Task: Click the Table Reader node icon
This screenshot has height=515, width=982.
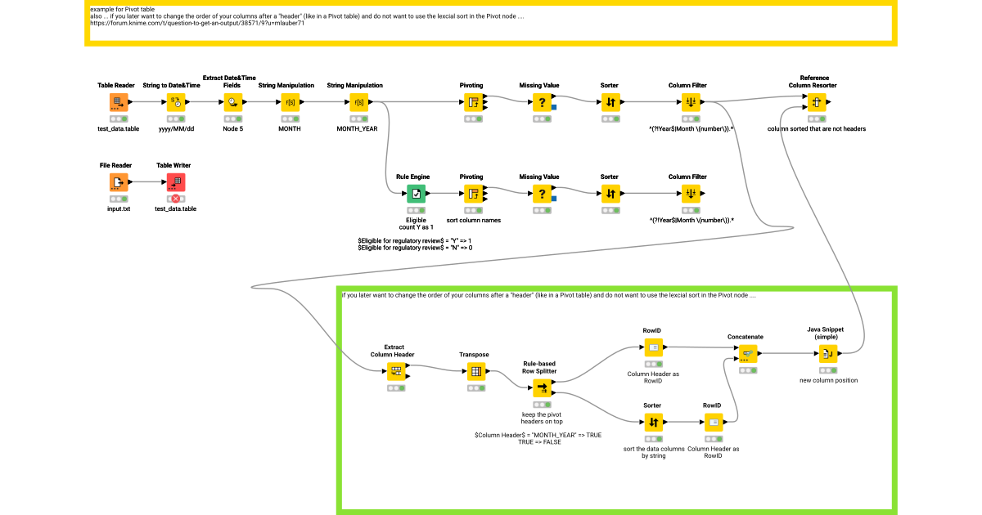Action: [x=119, y=102]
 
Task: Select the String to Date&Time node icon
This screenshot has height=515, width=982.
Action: [x=175, y=102]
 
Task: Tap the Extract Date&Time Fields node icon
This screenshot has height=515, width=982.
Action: [x=233, y=102]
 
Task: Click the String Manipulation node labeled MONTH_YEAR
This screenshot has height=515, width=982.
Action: [x=357, y=102]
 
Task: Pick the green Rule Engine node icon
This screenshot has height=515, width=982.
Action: [x=416, y=194]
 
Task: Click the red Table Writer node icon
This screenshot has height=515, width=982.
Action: [x=175, y=182]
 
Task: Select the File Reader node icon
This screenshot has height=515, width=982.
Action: [x=119, y=182]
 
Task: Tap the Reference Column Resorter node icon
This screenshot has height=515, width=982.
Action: [x=816, y=102]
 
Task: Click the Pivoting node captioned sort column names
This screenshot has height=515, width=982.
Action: [x=472, y=194]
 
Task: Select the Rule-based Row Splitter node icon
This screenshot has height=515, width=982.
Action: [x=542, y=387]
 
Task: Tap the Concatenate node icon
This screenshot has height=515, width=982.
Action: [x=746, y=353]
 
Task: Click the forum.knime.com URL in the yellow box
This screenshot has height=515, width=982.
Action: [x=197, y=23]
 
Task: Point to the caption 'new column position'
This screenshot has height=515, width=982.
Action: [x=828, y=380]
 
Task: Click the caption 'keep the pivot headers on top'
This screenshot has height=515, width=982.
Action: [x=542, y=418]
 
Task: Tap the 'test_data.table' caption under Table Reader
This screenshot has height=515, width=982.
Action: [x=119, y=128]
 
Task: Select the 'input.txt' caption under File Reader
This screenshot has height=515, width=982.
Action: [x=119, y=208]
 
